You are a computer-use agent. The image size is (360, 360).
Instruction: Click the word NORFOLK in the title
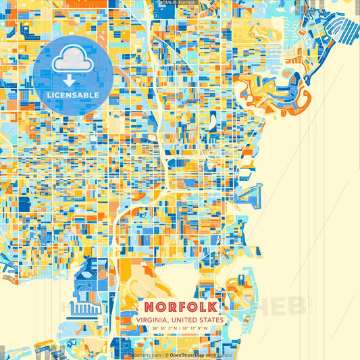coord(180,305)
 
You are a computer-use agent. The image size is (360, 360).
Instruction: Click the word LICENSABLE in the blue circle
coord(73,95)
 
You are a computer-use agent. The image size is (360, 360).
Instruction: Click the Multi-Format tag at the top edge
coord(180,3)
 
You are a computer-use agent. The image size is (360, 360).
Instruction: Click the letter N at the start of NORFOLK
coord(145,305)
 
